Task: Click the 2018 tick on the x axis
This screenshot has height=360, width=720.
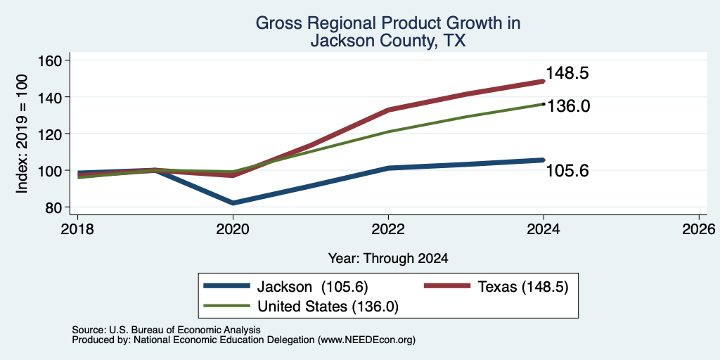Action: point(77,229)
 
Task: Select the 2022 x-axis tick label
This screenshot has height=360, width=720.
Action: point(388,229)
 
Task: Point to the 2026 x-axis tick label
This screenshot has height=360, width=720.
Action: point(699,229)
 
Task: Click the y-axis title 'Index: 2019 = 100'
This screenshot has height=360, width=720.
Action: point(22,134)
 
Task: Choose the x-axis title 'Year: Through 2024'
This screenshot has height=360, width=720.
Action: point(388,259)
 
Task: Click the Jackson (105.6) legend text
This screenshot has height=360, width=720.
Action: point(312,287)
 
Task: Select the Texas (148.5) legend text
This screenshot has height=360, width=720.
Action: point(523,287)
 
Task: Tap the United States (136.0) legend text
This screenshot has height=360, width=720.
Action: point(328,307)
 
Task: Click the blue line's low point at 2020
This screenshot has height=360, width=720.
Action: point(233,203)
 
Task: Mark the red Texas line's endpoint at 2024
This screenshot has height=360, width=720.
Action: point(544,82)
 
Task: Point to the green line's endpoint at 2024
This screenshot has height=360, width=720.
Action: point(544,104)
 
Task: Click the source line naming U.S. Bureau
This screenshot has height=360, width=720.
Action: point(166,330)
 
